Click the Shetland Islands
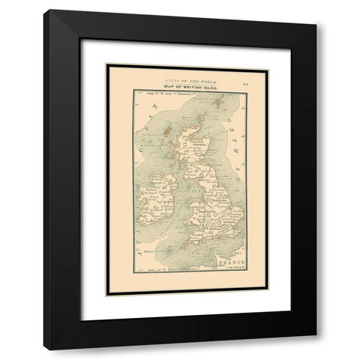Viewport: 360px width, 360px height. (218, 103)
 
